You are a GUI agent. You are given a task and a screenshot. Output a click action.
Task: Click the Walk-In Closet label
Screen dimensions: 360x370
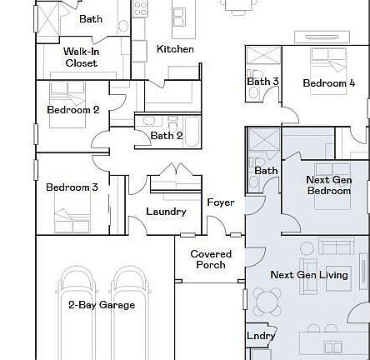[x=81, y=57]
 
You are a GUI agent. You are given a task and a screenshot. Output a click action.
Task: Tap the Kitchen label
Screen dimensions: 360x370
[x=175, y=49]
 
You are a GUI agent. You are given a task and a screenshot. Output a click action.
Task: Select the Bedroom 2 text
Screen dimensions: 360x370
[x=72, y=110]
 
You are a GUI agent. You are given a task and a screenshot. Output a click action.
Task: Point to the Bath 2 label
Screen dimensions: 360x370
[x=167, y=135]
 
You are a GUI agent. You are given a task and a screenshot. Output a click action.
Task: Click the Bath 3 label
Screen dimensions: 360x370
[x=262, y=82]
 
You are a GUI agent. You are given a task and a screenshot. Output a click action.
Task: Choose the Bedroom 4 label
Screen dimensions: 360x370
[x=328, y=83]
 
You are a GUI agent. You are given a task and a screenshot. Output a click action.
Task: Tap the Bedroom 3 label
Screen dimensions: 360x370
[x=71, y=187]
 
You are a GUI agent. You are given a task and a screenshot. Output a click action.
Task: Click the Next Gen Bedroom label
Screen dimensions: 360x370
[x=328, y=185]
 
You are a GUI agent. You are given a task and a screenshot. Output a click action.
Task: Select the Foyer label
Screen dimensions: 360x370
[x=221, y=202]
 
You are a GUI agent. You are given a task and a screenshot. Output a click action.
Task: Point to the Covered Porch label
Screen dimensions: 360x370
[x=211, y=259]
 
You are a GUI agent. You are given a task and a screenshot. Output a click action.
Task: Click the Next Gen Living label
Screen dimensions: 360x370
[x=309, y=274]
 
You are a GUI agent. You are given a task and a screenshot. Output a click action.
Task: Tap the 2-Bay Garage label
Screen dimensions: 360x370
[x=101, y=305]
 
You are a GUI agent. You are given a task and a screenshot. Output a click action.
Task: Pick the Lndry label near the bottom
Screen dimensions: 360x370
[x=261, y=336]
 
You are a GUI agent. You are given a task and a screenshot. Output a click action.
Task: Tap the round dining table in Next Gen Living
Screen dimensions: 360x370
[x=268, y=300]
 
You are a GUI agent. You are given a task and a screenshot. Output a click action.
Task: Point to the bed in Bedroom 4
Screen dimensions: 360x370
[x=328, y=62]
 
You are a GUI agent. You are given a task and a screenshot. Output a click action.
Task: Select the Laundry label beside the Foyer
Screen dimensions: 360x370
[x=166, y=212]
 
